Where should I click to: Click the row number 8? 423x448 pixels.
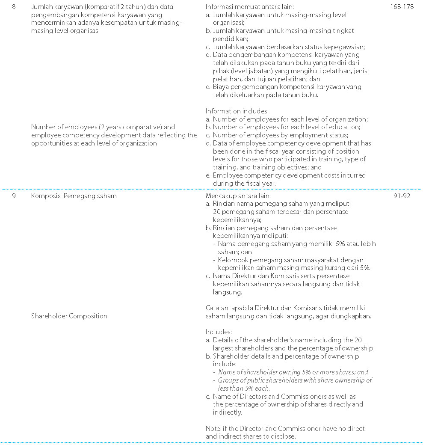point(14,7)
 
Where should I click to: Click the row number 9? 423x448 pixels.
point(14,196)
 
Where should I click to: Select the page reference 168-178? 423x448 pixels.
point(402,7)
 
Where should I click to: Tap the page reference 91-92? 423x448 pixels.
point(402,196)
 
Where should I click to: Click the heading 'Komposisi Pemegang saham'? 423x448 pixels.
point(74,196)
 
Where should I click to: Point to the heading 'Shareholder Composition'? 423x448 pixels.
point(69,316)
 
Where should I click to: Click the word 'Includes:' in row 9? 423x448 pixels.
point(219,332)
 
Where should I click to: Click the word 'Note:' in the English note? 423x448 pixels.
point(213,428)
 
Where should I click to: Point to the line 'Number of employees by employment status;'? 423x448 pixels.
point(281,135)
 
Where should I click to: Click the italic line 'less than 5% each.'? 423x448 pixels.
point(244,389)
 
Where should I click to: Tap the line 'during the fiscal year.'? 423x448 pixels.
point(244,183)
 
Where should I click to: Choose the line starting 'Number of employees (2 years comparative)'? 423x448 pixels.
point(103,127)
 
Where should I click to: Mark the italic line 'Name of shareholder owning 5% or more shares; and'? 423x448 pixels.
point(293,372)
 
